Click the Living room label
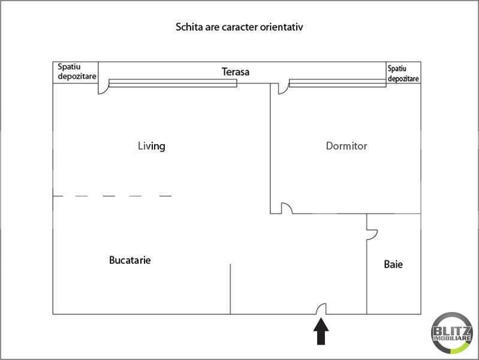[x=151, y=146]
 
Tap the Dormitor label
[x=346, y=146]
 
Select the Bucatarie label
[x=129, y=260]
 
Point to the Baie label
[x=393, y=264]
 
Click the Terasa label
[x=235, y=72]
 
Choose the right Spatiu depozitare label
[x=403, y=73]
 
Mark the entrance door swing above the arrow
[x=321, y=308]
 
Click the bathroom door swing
[x=372, y=233]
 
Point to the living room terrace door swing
[x=103, y=89]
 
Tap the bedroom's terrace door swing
[x=283, y=88]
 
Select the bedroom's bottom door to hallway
[x=287, y=209]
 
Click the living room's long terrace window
[x=173, y=83]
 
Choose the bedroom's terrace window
[x=337, y=83]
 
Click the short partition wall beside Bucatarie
[x=230, y=288]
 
